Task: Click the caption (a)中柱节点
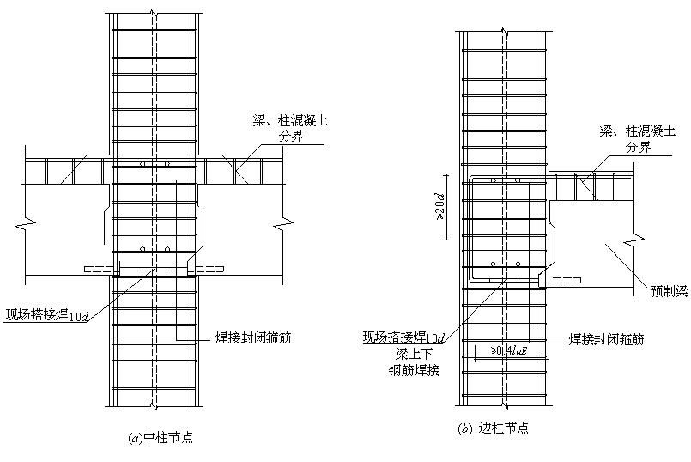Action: click(x=159, y=437)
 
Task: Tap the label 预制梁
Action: click(x=669, y=291)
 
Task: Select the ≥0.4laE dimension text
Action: click(x=512, y=351)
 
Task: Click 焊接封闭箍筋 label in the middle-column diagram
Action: click(x=254, y=337)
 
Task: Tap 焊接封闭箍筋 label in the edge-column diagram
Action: click(x=606, y=339)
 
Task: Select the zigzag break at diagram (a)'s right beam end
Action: click(x=280, y=227)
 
